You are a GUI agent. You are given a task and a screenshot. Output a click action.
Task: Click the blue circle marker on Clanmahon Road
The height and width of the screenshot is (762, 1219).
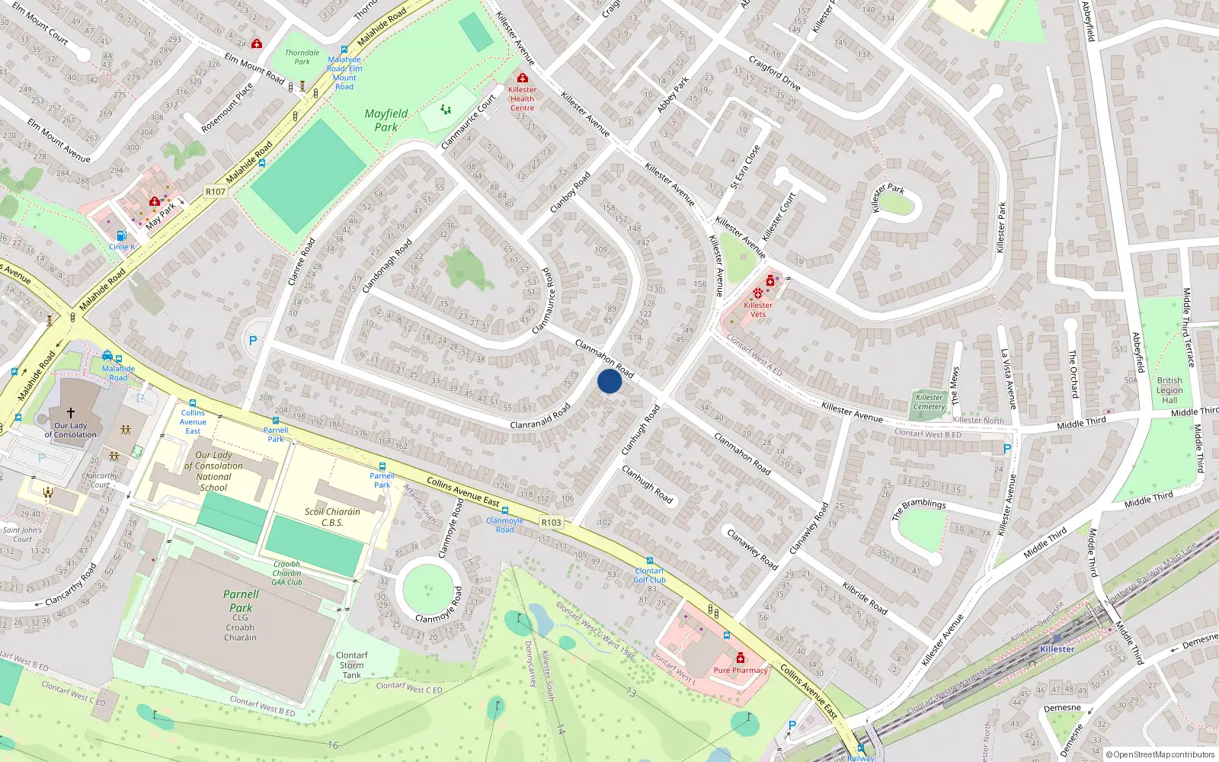point(609,381)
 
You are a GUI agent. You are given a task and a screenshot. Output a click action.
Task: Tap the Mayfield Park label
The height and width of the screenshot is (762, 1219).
point(386,120)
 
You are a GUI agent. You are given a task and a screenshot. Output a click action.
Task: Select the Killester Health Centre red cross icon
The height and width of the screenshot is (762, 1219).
point(523,78)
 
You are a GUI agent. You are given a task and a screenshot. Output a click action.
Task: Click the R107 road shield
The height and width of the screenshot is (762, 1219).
point(216,191)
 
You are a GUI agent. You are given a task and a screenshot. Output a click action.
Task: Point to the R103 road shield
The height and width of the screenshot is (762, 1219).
point(551,523)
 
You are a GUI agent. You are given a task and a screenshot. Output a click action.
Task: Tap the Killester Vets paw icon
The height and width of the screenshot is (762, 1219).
point(758,293)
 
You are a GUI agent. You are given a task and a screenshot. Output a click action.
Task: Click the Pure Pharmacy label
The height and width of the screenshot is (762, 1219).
point(741,671)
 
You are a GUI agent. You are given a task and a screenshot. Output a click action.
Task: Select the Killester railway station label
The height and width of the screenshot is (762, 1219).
point(1057,649)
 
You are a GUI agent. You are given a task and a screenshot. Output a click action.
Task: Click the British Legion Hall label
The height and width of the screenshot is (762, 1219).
point(1169,390)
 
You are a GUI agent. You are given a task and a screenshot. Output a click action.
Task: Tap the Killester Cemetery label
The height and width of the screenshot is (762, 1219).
point(929,402)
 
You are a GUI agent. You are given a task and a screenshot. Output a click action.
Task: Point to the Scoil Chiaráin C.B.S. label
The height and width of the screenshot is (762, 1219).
point(332,517)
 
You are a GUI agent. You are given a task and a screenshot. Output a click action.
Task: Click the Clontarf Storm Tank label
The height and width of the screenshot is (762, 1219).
point(352,665)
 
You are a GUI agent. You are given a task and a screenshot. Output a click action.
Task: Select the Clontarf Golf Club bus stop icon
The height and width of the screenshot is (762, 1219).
point(650,561)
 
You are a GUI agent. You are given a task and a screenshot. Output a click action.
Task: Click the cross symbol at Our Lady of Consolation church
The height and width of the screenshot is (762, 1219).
point(71,413)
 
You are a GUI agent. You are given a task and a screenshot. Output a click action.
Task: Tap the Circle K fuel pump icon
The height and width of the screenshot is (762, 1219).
point(120,236)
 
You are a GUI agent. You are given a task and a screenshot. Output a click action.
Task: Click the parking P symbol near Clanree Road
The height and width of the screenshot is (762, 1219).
point(253,341)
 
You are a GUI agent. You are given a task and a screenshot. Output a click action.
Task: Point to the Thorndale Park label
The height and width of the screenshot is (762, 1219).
point(302,57)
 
